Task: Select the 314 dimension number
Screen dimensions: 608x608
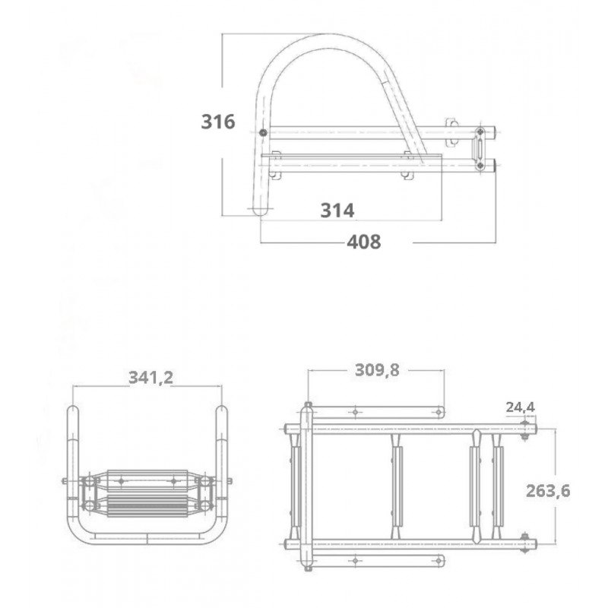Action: pos(337,211)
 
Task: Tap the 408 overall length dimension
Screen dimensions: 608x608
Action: pos(363,242)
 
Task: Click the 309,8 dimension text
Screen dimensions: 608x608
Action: pos(377,370)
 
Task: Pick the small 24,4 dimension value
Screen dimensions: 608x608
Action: pos(521,407)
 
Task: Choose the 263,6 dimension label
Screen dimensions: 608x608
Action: pos(548,491)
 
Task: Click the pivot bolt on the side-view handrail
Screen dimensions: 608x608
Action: pos(263,134)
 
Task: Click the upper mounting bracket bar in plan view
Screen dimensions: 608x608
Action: pos(376,411)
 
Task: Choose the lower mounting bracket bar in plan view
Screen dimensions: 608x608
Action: pos(376,561)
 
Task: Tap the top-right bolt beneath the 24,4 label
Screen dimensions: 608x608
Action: pos(524,435)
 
